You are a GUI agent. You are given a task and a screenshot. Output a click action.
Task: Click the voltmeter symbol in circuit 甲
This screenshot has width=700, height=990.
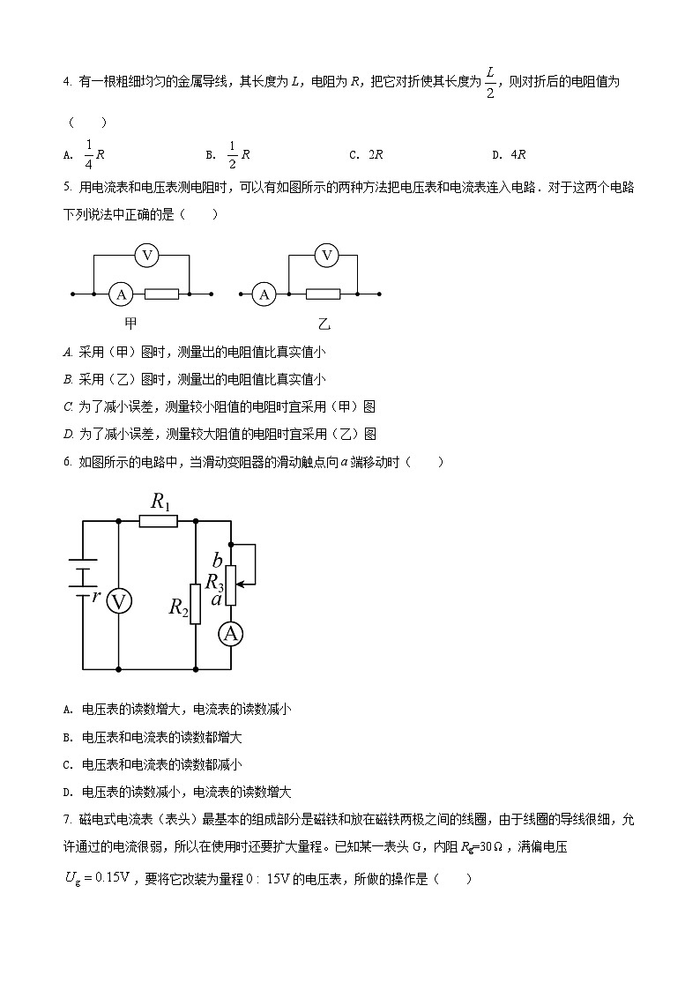147,256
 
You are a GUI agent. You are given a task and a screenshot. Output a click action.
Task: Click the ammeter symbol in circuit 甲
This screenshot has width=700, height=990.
121,294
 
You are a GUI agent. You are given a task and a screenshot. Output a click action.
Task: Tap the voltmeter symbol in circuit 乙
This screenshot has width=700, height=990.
327,256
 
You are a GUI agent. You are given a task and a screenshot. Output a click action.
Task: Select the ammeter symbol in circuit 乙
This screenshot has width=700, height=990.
264,294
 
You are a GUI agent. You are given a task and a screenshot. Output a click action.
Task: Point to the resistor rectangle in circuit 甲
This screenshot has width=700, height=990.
161,294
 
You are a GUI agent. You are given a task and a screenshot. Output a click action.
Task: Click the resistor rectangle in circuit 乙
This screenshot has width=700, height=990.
323,294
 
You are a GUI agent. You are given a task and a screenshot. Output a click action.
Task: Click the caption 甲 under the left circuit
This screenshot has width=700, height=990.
130,324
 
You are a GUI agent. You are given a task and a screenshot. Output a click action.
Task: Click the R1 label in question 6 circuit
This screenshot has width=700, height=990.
160,502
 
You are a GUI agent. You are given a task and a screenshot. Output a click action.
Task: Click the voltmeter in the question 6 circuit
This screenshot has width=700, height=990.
119,602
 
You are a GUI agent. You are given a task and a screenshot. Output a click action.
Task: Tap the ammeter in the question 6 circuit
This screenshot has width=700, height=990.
230,634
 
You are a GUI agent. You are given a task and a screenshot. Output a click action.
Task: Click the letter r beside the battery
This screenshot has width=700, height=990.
96,596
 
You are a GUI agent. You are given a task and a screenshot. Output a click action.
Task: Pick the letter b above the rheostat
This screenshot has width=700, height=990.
217,561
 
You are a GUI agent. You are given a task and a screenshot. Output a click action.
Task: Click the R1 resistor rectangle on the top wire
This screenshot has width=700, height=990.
159,521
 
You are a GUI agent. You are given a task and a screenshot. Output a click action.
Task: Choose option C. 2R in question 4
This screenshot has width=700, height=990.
366,154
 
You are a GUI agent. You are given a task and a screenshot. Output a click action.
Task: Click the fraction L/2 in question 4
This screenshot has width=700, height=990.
490,82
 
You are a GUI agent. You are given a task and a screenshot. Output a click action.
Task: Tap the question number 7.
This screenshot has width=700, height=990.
67,819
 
